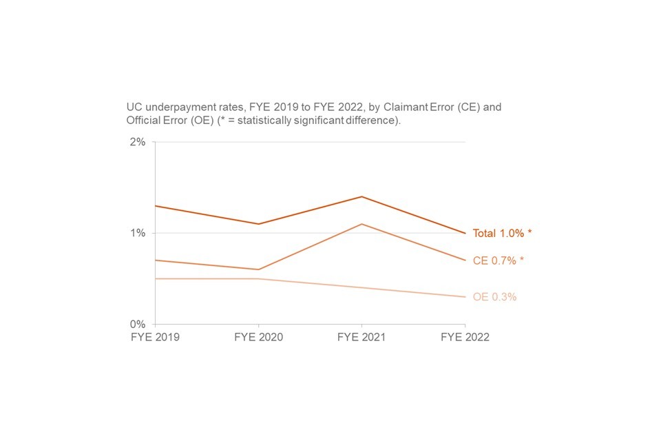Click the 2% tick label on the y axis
click(138, 142)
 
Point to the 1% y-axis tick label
click(138, 233)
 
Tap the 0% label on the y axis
click(138, 324)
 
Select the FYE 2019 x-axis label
click(155, 338)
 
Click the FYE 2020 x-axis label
click(258, 338)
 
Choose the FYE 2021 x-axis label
click(361, 338)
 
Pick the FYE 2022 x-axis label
click(465, 338)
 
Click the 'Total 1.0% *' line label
click(502, 234)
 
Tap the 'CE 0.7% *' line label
click(498, 260)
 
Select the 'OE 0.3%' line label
click(494, 297)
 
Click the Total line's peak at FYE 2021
click(361, 196)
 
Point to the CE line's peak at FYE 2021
click(361, 224)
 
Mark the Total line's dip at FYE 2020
click(258, 224)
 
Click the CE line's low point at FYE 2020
click(258, 269)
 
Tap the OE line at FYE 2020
click(258, 278)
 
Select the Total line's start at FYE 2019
click(155, 206)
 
